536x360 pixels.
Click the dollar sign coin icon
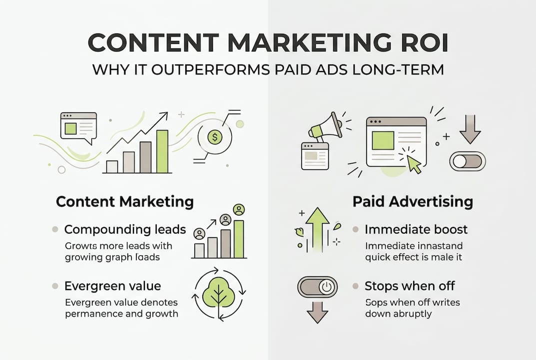tap(215, 136)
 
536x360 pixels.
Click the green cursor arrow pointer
tap(414, 163)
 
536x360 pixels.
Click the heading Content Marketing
tap(124, 201)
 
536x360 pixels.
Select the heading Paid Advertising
tap(413, 201)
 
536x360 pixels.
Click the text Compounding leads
tap(125, 229)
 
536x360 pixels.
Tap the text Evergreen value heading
tap(112, 286)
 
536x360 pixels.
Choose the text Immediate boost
tap(416, 229)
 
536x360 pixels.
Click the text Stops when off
tap(409, 286)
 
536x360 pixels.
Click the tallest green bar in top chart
tap(162, 151)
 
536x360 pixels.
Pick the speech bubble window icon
tap(78, 125)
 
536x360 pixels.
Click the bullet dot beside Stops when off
tap(355, 286)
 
